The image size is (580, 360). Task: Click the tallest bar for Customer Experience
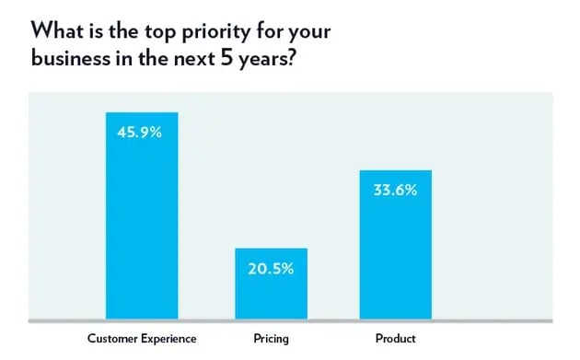(142, 221)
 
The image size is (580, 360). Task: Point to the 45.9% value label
(141, 133)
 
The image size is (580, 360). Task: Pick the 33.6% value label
(396, 191)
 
